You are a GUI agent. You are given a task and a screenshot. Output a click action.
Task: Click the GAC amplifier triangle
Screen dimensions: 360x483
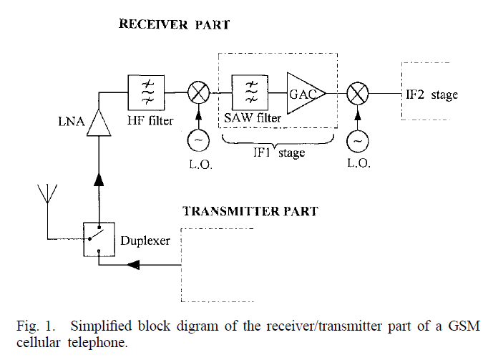[303, 92]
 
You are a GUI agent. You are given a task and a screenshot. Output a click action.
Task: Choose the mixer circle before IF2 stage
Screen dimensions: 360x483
[358, 93]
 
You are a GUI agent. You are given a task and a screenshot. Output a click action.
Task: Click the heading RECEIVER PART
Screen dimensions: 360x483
[174, 24]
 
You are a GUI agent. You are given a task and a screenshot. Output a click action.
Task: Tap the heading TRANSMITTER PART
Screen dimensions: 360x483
[250, 211]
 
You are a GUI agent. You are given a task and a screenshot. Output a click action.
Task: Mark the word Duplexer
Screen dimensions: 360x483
[145, 240]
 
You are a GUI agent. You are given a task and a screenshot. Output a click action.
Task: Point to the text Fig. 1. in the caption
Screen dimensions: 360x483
[33, 326]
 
